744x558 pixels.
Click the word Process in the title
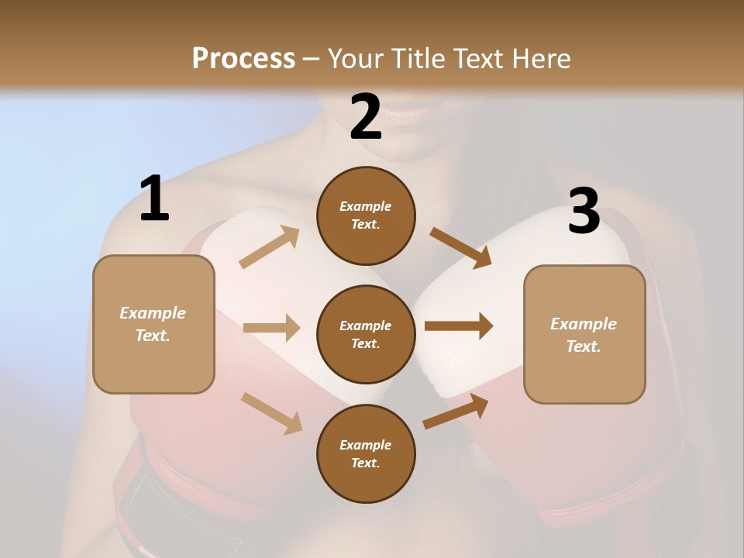[243, 58]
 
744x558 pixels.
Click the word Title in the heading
[416, 58]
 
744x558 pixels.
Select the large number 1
[154, 199]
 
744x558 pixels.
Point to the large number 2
[366, 118]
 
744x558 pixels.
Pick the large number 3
[584, 212]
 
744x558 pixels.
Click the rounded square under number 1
[153, 324]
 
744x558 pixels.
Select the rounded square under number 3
[584, 334]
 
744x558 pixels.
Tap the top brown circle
[366, 215]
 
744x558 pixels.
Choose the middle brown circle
[366, 334]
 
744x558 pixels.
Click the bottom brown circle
[366, 453]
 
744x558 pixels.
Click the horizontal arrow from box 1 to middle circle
[271, 328]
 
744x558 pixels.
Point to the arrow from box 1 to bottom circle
[271, 412]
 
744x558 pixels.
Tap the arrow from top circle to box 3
[461, 247]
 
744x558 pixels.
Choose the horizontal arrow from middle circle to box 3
[458, 326]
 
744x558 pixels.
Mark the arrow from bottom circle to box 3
[456, 412]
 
